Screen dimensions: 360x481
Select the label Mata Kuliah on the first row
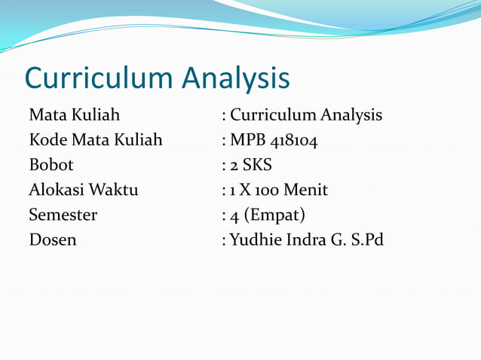74,115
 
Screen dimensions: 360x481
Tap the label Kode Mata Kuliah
95,140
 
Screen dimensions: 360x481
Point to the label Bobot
51,165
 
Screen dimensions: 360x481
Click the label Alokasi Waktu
83,190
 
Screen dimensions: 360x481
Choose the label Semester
63,215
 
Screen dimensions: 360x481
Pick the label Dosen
52,240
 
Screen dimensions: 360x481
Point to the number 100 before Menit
265,190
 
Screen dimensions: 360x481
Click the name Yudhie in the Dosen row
254,240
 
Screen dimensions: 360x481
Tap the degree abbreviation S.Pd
368,240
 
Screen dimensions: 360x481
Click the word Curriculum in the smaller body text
273,115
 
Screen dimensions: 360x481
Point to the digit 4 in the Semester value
234,215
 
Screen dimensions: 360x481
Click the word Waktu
112,190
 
